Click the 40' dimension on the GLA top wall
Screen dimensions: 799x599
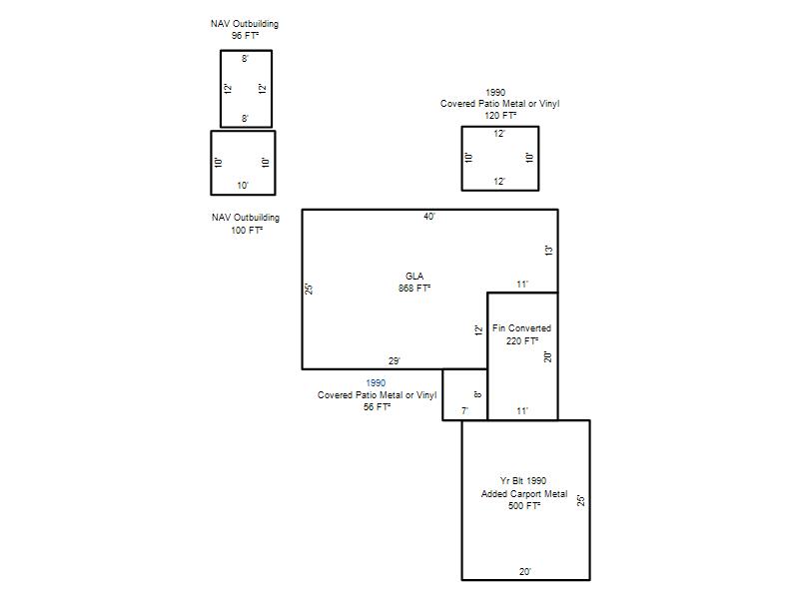(x=429, y=217)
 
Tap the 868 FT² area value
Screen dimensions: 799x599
(x=414, y=289)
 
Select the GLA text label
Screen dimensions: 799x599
(x=414, y=277)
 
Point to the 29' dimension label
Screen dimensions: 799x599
(x=394, y=361)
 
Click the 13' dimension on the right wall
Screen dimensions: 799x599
(x=548, y=251)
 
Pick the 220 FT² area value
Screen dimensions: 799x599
(x=521, y=340)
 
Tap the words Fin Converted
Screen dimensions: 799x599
(x=521, y=328)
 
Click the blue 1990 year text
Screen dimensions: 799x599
(x=376, y=383)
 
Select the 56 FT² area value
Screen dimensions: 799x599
(x=377, y=407)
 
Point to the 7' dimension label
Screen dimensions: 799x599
(x=464, y=411)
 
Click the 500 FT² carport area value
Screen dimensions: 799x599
(x=523, y=506)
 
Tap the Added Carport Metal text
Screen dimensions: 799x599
(x=523, y=494)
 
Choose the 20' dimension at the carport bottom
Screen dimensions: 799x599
(x=525, y=572)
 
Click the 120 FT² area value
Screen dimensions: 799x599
(x=500, y=116)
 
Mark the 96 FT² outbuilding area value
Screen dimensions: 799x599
(x=245, y=36)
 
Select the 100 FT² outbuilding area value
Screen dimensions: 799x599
(x=247, y=231)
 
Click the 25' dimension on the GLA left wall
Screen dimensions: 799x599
(x=309, y=290)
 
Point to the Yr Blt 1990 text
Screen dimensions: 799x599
(x=522, y=481)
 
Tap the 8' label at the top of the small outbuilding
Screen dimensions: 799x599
(x=245, y=59)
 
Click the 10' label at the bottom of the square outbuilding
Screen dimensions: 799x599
(x=243, y=186)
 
